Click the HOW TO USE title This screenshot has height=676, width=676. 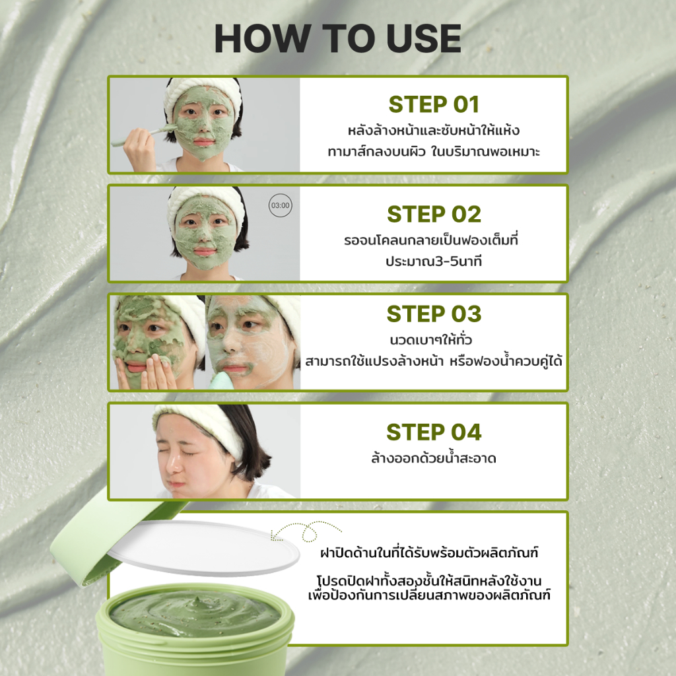337,38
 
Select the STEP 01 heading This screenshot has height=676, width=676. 434,104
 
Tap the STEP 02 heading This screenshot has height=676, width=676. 434,215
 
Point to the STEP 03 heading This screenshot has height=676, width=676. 434,314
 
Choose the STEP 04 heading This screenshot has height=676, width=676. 434,432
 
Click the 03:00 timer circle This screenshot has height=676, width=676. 280,206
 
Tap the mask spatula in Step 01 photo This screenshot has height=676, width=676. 143,136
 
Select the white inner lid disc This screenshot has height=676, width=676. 203,547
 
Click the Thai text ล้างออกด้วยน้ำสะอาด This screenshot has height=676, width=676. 434,458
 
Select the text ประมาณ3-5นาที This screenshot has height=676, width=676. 434,261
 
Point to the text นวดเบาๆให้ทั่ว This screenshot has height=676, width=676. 431,340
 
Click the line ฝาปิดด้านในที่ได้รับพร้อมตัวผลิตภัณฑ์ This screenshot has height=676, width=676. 429,553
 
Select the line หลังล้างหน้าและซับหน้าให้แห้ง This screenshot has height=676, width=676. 434,130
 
